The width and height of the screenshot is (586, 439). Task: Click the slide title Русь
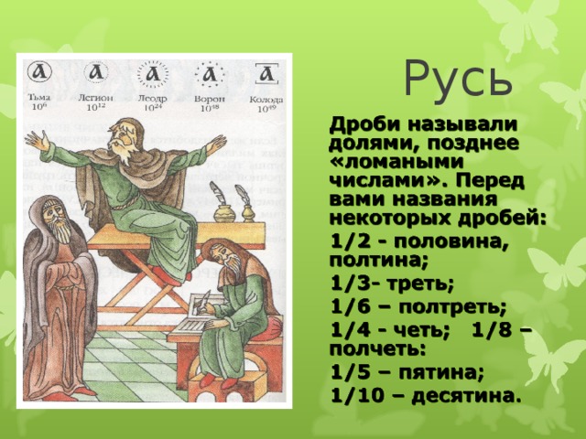click(x=458, y=79)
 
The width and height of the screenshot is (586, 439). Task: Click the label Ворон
click(x=210, y=97)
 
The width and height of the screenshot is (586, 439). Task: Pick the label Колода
click(x=266, y=97)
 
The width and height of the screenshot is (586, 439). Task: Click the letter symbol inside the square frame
click(x=266, y=72)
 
